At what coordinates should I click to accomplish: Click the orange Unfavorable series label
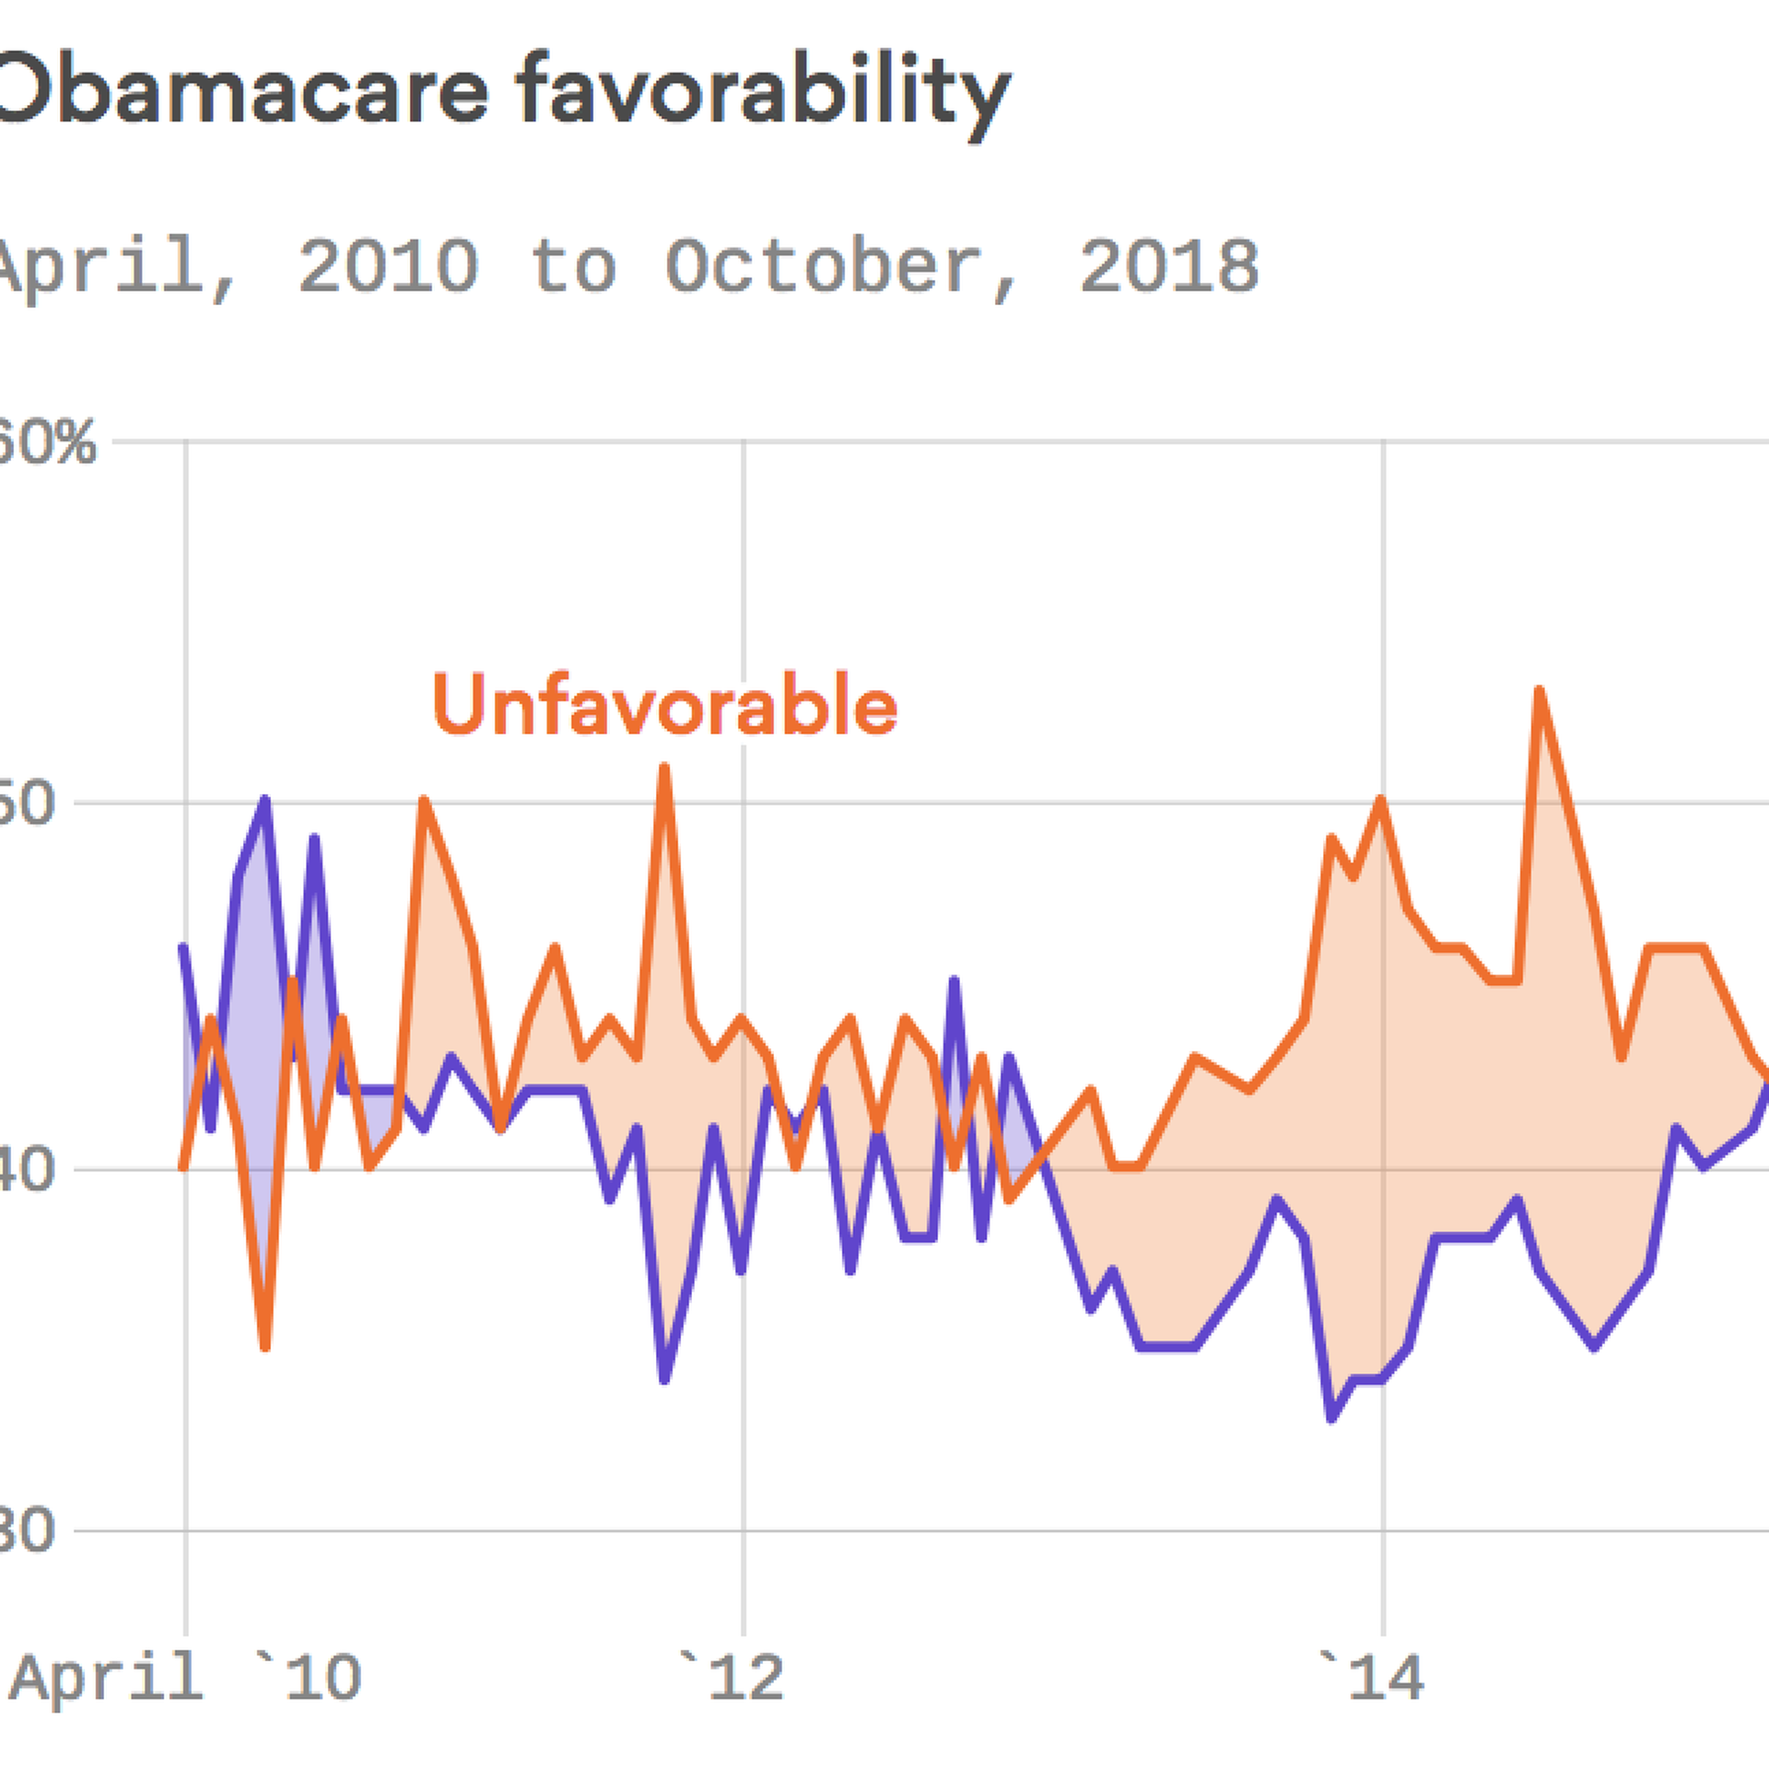click(x=664, y=705)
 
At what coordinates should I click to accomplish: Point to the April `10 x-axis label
click(x=184, y=1677)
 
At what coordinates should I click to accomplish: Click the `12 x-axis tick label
click(x=732, y=1677)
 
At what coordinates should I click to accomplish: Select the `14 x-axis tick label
click(x=1373, y=1677)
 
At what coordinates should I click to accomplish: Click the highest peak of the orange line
click(x=1539, y=690)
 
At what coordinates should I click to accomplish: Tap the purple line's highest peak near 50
click(x=265, y=800)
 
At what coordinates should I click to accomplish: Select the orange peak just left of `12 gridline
click(x=664, y=767)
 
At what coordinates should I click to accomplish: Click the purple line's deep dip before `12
click(x=664, y=1380)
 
